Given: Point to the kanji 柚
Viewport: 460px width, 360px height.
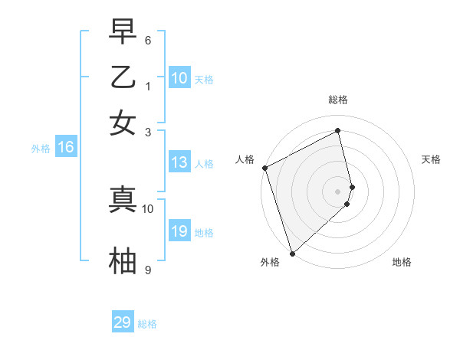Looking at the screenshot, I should point(123,260).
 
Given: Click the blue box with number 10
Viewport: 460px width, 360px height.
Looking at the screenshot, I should point(179,78).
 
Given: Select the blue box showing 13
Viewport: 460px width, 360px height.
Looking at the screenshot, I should point(179,162).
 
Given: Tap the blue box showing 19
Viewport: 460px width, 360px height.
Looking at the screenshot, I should point(179,231).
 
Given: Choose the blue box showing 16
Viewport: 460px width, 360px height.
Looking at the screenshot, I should point(65,148).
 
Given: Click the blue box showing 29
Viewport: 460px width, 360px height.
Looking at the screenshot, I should point(123,322).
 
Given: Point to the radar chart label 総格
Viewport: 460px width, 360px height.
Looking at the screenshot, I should point(338,100).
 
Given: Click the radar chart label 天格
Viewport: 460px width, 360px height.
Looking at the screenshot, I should point(432,159).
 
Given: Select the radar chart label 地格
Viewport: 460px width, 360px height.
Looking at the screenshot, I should point(402,262).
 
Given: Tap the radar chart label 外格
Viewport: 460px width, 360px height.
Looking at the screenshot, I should point(270,262).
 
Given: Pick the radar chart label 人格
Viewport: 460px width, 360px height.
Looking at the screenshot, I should point(245,159).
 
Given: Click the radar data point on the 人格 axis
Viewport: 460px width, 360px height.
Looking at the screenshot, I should point(264,168).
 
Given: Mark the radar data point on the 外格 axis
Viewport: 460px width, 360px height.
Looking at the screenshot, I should point(291,253).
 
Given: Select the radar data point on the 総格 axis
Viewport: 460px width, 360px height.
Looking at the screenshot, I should point(338,131).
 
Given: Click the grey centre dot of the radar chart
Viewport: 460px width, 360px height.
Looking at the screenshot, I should point(338,191).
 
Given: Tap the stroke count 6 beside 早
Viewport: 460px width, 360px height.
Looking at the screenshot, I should point(148,39).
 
